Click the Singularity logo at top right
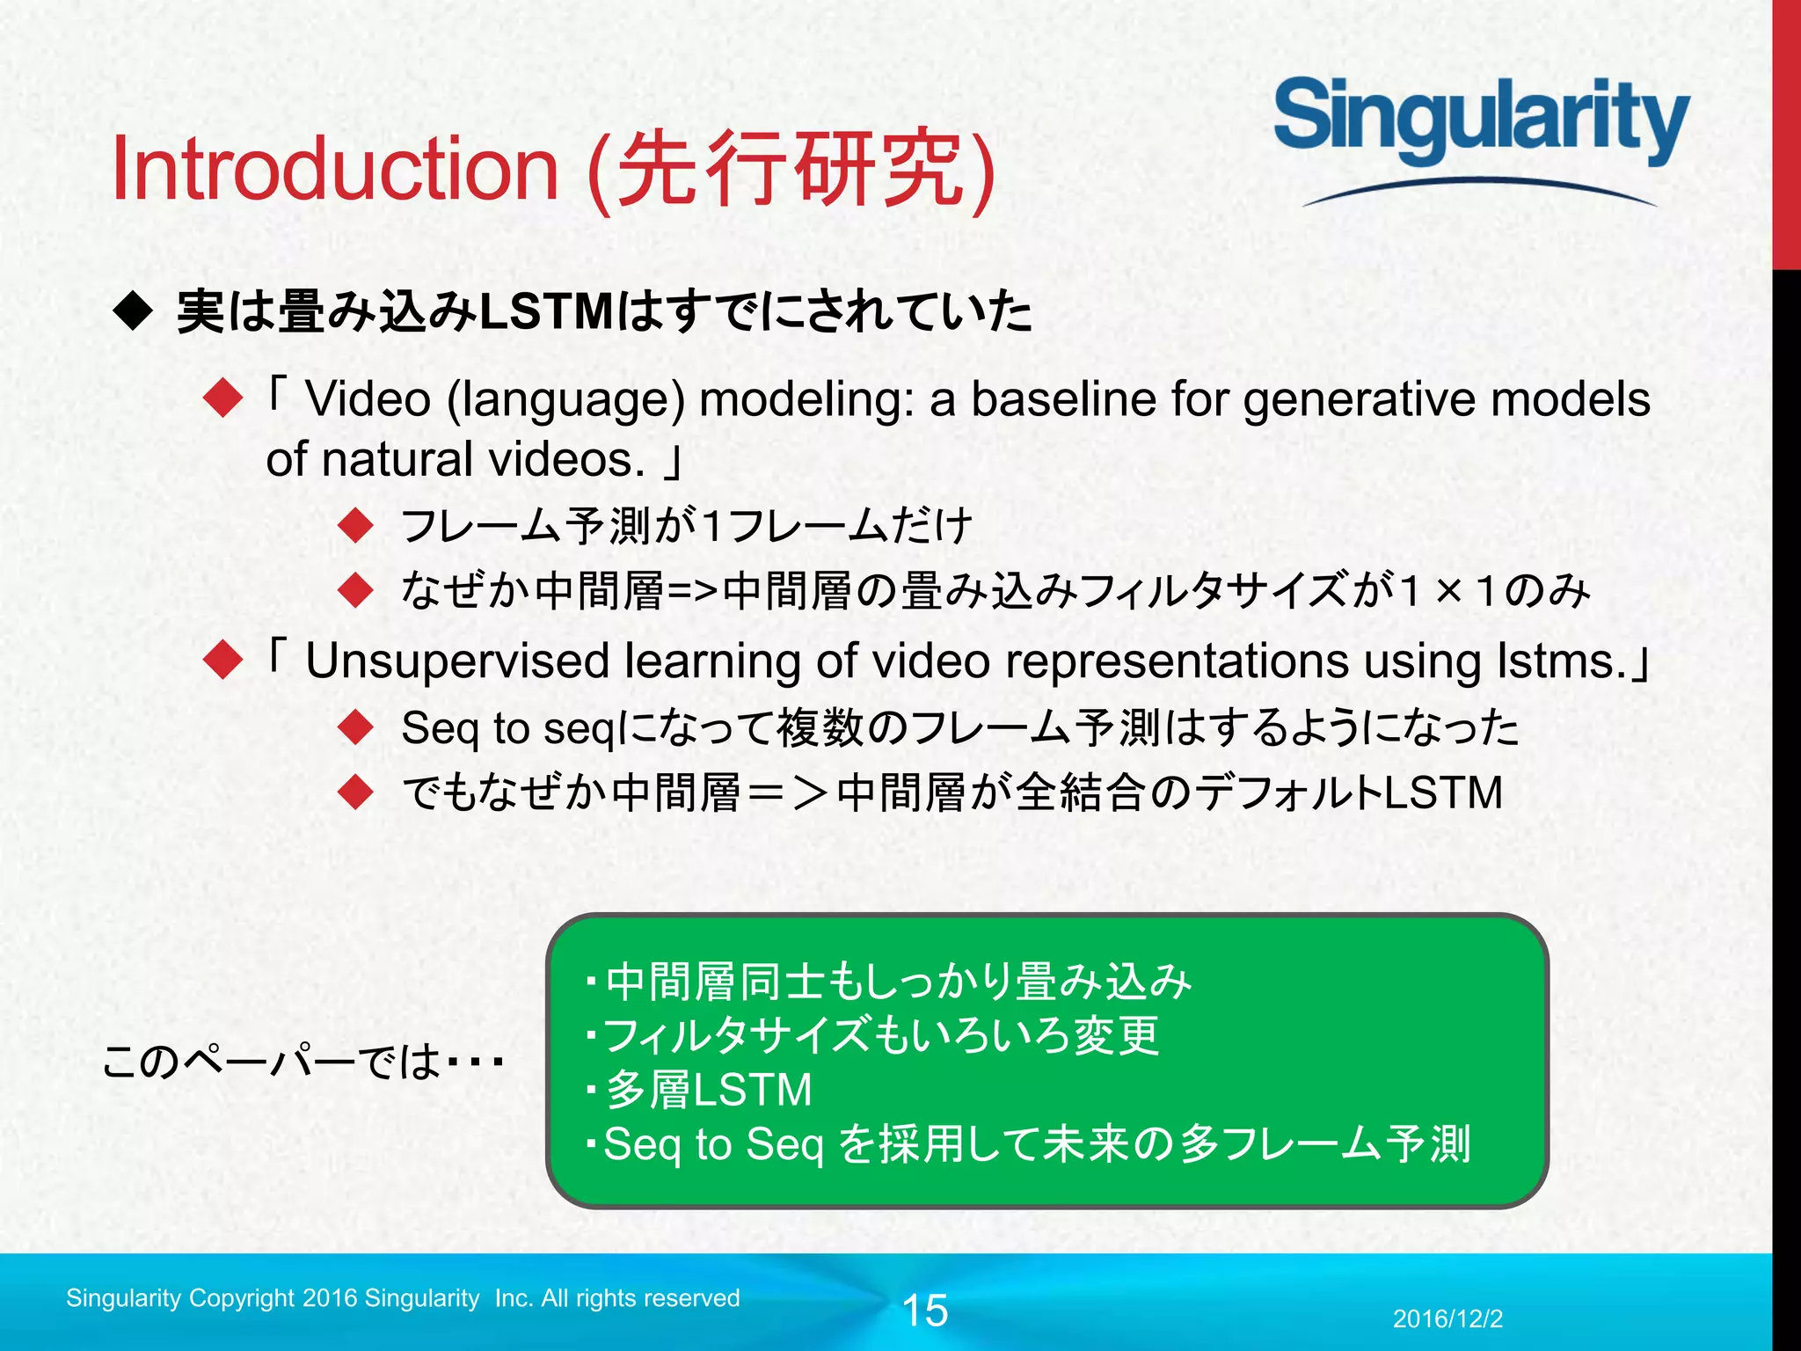click(x=1481, y=123)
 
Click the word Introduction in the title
click(x=335, y=169)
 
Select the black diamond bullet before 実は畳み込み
click(x=134, y=312)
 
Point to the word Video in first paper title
click(x=368, y=400)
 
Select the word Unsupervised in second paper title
click(x=457, y=661)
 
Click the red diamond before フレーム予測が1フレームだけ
click(x=356, y=526)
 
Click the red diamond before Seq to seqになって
click(x=356, y=728)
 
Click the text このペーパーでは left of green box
click(x=273, y=1062)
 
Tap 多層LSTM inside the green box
click(x=709, y=1090)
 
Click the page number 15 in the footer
click(x=925, y=1311)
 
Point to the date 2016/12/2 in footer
click(x=1447, y=1318)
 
